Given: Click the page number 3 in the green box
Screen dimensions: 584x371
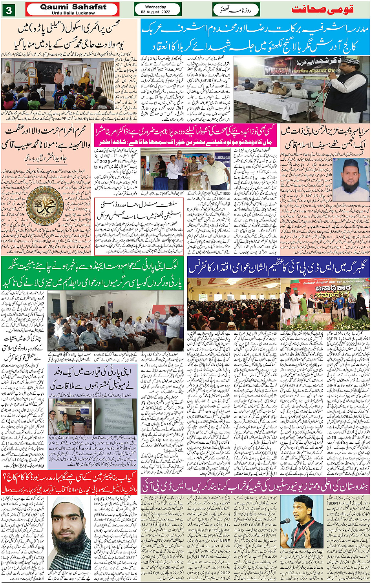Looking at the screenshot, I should tap(9, 10).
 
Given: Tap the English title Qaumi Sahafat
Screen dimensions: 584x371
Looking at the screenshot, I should tap(73, 7).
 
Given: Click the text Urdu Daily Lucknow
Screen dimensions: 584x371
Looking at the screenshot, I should tap(73, 13).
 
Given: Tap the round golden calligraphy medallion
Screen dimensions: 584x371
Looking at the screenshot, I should tap(44, 205).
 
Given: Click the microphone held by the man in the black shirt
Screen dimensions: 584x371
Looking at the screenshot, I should tap(286, 521).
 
